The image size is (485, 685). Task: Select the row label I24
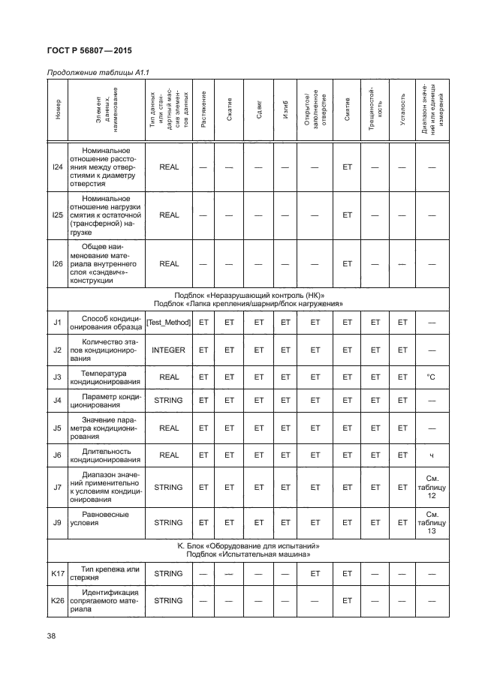57,167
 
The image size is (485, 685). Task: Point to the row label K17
57,574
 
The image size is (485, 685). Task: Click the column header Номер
58,111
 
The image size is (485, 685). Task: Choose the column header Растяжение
203,111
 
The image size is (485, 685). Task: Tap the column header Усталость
402,111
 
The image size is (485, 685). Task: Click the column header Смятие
347,111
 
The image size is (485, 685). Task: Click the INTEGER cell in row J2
168,350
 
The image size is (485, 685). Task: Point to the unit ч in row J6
432,455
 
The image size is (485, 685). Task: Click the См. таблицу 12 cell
432,488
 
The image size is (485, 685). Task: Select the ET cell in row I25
347,215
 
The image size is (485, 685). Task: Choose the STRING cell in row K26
168,601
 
